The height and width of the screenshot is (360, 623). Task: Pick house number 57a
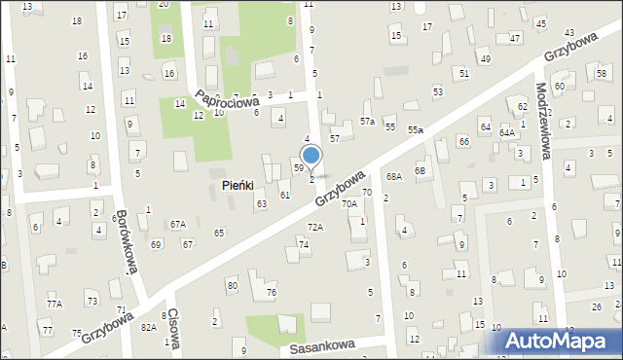tap(367, 122)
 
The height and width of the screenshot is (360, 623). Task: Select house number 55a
tap(416, 129)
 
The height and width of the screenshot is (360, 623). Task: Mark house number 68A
tap(393, 176)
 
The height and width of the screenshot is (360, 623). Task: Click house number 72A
tap(315, 227)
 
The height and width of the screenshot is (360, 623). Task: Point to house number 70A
tap(348, 204)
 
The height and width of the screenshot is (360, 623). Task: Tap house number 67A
tap(177, 224)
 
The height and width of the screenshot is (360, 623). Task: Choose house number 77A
tap(54, 304)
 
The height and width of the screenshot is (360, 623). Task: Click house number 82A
tap(148, 327)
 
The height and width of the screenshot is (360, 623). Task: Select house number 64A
tap(507, 132)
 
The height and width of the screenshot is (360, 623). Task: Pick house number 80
tap(232, 285)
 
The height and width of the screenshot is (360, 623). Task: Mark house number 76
tap(272, 293)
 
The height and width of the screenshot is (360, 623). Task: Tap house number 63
tap(261, 203)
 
